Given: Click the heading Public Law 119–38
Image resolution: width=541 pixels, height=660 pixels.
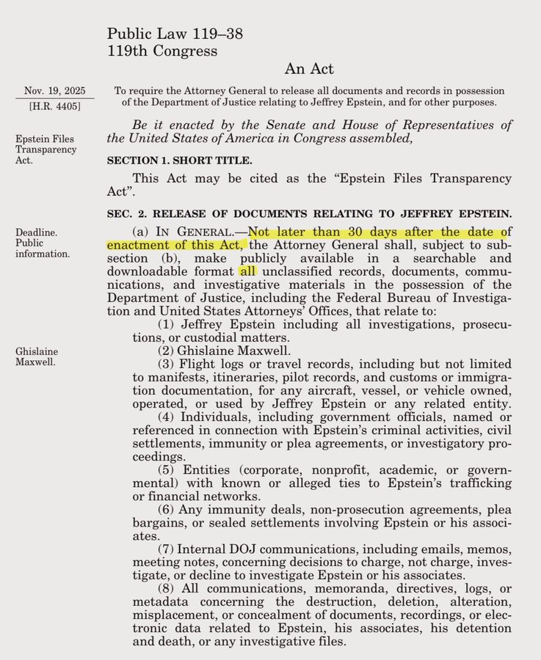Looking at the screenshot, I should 175,34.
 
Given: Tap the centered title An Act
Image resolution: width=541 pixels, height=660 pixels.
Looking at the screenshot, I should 308,70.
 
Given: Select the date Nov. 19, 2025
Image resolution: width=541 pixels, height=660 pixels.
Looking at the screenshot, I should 54,91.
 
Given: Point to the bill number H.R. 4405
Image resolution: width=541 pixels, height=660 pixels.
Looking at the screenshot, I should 54,107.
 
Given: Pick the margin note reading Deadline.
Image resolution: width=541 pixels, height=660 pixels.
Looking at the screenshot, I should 37,232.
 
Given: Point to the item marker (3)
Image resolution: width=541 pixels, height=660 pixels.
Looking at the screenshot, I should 167,364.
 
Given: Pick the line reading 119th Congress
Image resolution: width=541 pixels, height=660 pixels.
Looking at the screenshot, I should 161,51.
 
